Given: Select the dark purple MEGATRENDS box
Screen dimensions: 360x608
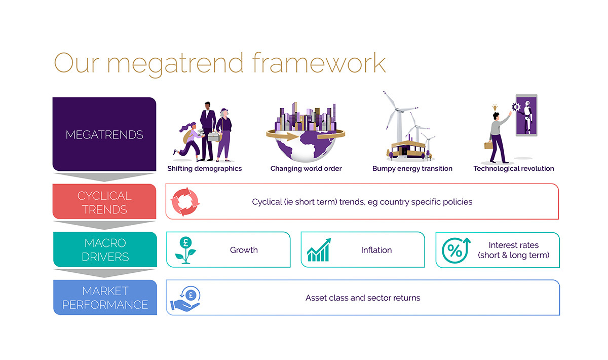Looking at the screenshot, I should (x=104, y=134).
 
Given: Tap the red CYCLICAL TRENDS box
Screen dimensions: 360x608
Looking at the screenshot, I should (x=104, y=202).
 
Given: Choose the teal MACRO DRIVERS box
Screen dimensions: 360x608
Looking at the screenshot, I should (x=104, y=249).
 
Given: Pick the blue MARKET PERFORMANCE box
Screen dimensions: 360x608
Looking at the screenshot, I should (x=105, y=298).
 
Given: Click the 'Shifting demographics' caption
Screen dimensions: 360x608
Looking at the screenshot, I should (x=204, y=168).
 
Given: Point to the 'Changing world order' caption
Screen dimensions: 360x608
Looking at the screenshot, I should (x=306, y=168).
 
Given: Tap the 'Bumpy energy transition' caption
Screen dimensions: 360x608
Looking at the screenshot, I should (x=412, y=168).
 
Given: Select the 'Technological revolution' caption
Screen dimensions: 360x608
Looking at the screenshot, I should (x=513, y=168).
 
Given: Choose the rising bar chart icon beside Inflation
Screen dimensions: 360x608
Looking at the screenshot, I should (x=319, y=250).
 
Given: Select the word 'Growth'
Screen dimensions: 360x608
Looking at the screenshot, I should (x=244, y=250).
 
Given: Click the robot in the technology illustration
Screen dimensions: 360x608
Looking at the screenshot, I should (x=526, y=116).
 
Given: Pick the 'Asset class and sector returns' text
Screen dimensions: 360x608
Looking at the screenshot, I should (x=363, y=298).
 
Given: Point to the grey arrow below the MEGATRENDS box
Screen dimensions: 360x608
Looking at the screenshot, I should (x=104, y=177).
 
